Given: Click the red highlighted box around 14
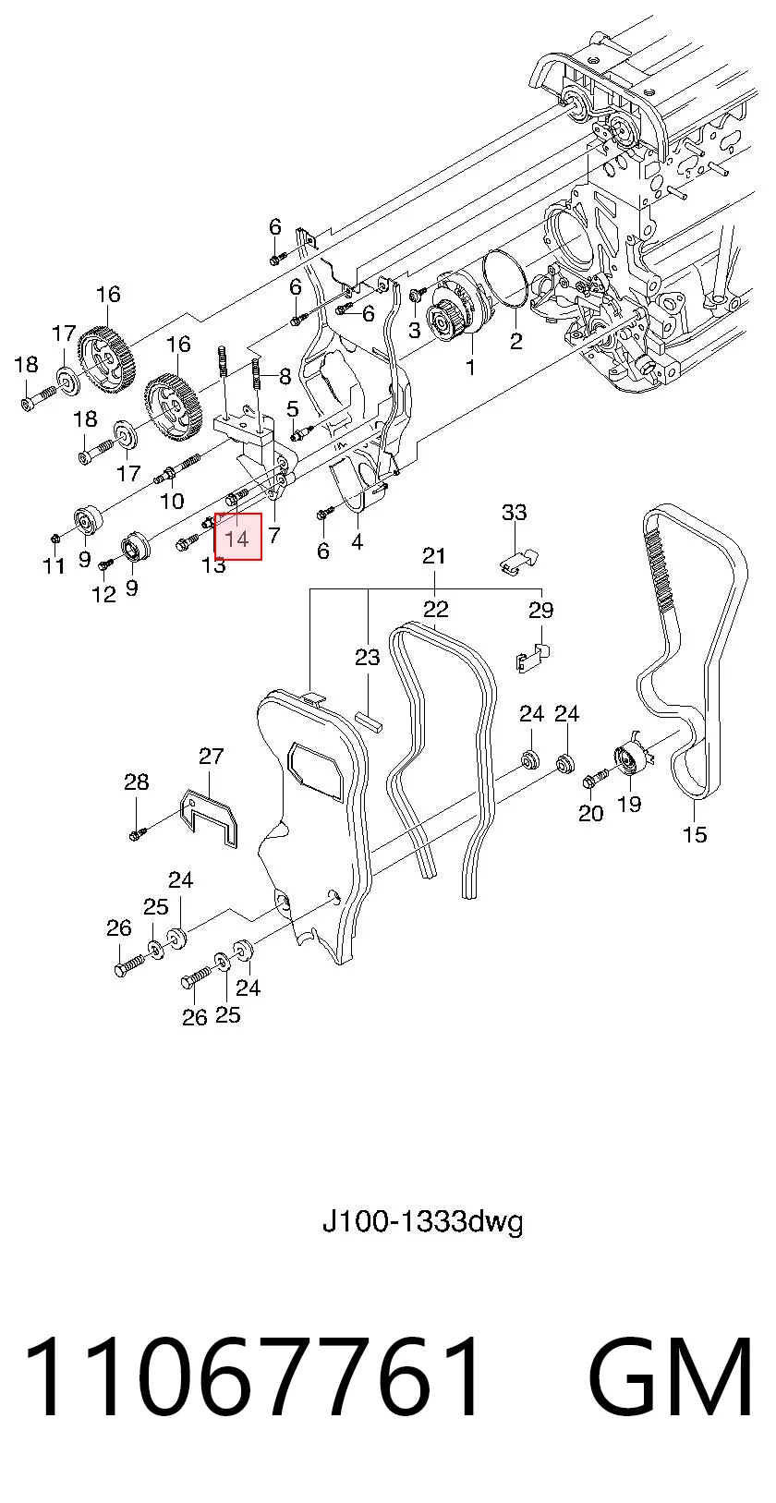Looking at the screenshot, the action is click(x=237, y=536).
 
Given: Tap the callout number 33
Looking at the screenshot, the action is click(x=515, y=513).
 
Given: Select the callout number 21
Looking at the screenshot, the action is click(x=434, y=555).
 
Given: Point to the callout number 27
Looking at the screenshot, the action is click(x=211, y=757).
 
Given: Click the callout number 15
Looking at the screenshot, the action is click(x=695, y=835).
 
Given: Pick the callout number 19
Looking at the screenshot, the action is click(x=629, y=803).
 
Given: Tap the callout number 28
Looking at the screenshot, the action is click(x=137, y=782).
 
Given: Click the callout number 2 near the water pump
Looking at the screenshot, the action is click(x=515, y=342).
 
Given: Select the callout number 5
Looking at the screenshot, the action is click(x=292, y=408).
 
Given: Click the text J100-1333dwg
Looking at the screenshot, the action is click(x=422, y=1222).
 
